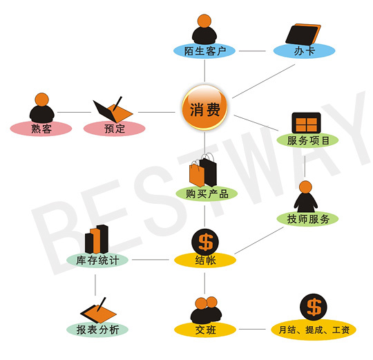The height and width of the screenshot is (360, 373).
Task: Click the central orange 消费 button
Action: [204, 108]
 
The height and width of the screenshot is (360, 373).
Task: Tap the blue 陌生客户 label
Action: [204, 51]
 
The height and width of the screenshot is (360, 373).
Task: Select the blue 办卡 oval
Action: [304, 51]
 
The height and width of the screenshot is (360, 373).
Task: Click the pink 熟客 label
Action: [41, 129]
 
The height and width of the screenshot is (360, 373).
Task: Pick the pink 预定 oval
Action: [115, 129]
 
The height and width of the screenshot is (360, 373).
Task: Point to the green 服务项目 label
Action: [307, 140]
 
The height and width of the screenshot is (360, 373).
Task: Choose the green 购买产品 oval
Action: [207, 193]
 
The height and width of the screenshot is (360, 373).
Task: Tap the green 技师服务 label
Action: [307, 219]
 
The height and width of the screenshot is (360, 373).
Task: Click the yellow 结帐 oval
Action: [205, 260]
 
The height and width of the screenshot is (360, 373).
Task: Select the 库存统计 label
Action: [97, 260]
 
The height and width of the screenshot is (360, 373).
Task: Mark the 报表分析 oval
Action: [97, 330]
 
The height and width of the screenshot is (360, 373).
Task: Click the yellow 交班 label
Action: [205, 330]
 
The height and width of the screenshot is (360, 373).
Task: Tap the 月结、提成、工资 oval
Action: [314, 330]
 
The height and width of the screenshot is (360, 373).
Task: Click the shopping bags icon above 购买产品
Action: [203, 170]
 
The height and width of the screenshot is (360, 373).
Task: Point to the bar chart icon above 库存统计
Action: [97, 239]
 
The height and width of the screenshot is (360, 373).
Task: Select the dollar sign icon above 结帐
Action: [205, 243]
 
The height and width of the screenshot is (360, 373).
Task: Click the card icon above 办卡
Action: [303, 35]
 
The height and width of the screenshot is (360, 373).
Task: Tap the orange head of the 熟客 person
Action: [42, 100]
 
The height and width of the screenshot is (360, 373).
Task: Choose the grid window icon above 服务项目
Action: [307, 122]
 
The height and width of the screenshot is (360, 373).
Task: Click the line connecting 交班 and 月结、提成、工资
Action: [252, 330]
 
